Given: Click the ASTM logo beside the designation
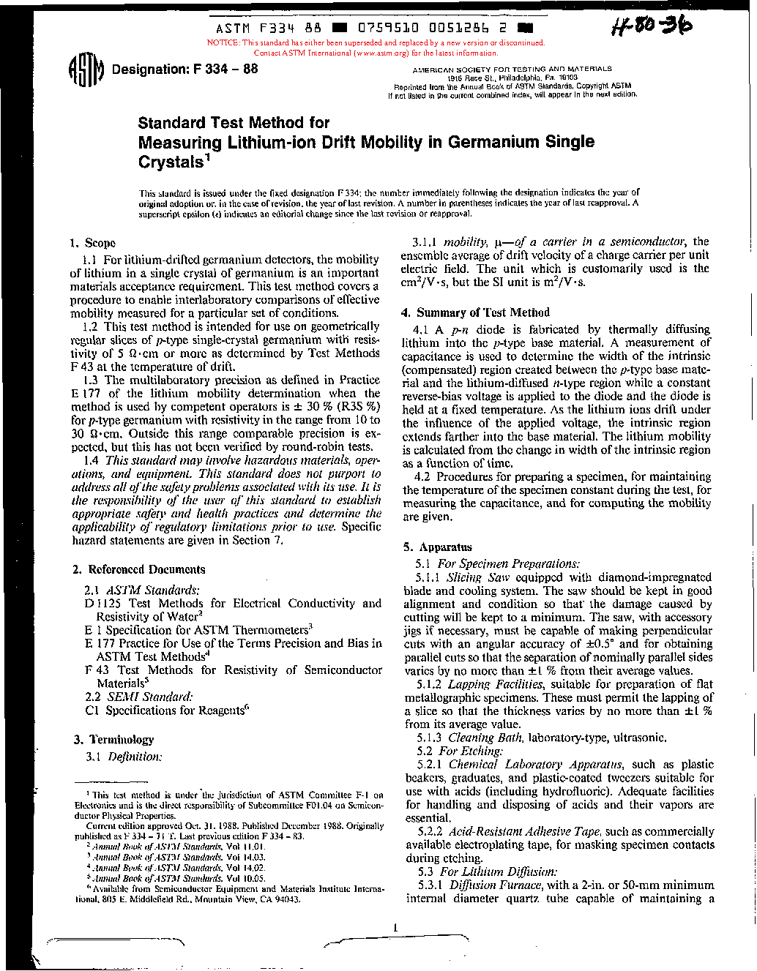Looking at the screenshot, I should click(x=86, y=71).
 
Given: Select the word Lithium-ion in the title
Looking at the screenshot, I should click(x=269, y=142).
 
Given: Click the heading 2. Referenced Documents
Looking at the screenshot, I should click(x=139, y=569).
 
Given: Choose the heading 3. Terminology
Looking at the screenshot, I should click(x=114, y=740).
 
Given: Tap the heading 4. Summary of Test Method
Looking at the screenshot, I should click(x=476, y=312).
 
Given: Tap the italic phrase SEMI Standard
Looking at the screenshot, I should click(x=150, y=697).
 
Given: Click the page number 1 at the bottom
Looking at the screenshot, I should click(x=395, y=929).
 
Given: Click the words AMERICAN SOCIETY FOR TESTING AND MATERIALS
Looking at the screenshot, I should click(x=512, y=69).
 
